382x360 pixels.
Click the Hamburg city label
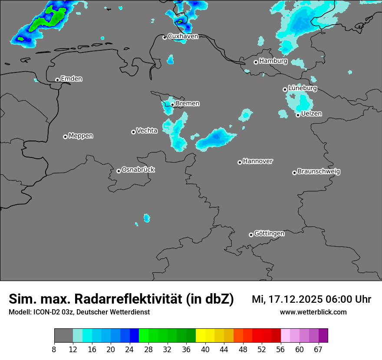point(273,61)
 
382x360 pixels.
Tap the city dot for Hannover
point(240,162)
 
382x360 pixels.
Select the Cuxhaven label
point(183,36)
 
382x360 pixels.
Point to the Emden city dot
point(57,80)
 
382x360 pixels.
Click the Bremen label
point(188,104)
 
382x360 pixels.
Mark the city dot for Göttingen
point(251,235)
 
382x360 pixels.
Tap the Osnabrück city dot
point(119,171)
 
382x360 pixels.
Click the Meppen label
point(81,136)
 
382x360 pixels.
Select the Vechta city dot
point(133,132)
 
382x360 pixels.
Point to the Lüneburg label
point(303,88)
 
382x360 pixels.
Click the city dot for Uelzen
point(298,115)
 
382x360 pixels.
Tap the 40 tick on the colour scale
point(205,349)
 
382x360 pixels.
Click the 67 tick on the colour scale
point(318,349)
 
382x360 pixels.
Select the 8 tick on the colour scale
point(54,349)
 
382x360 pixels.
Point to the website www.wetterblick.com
point(313,312)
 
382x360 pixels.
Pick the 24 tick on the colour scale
point(129,349)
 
